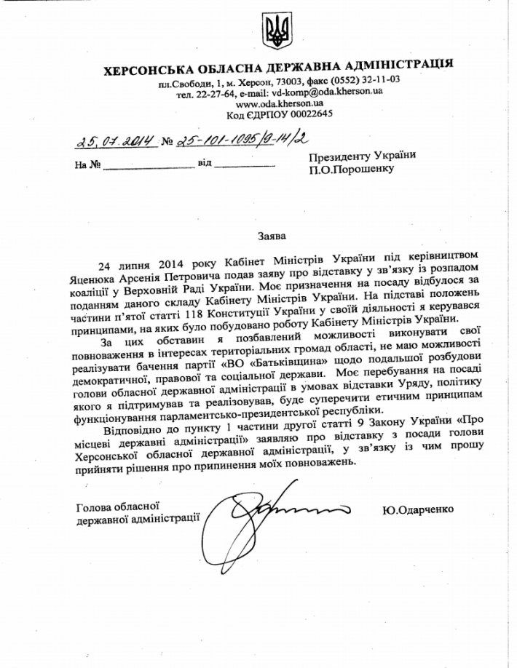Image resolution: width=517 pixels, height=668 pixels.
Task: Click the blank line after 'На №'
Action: [x=149, y=167]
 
